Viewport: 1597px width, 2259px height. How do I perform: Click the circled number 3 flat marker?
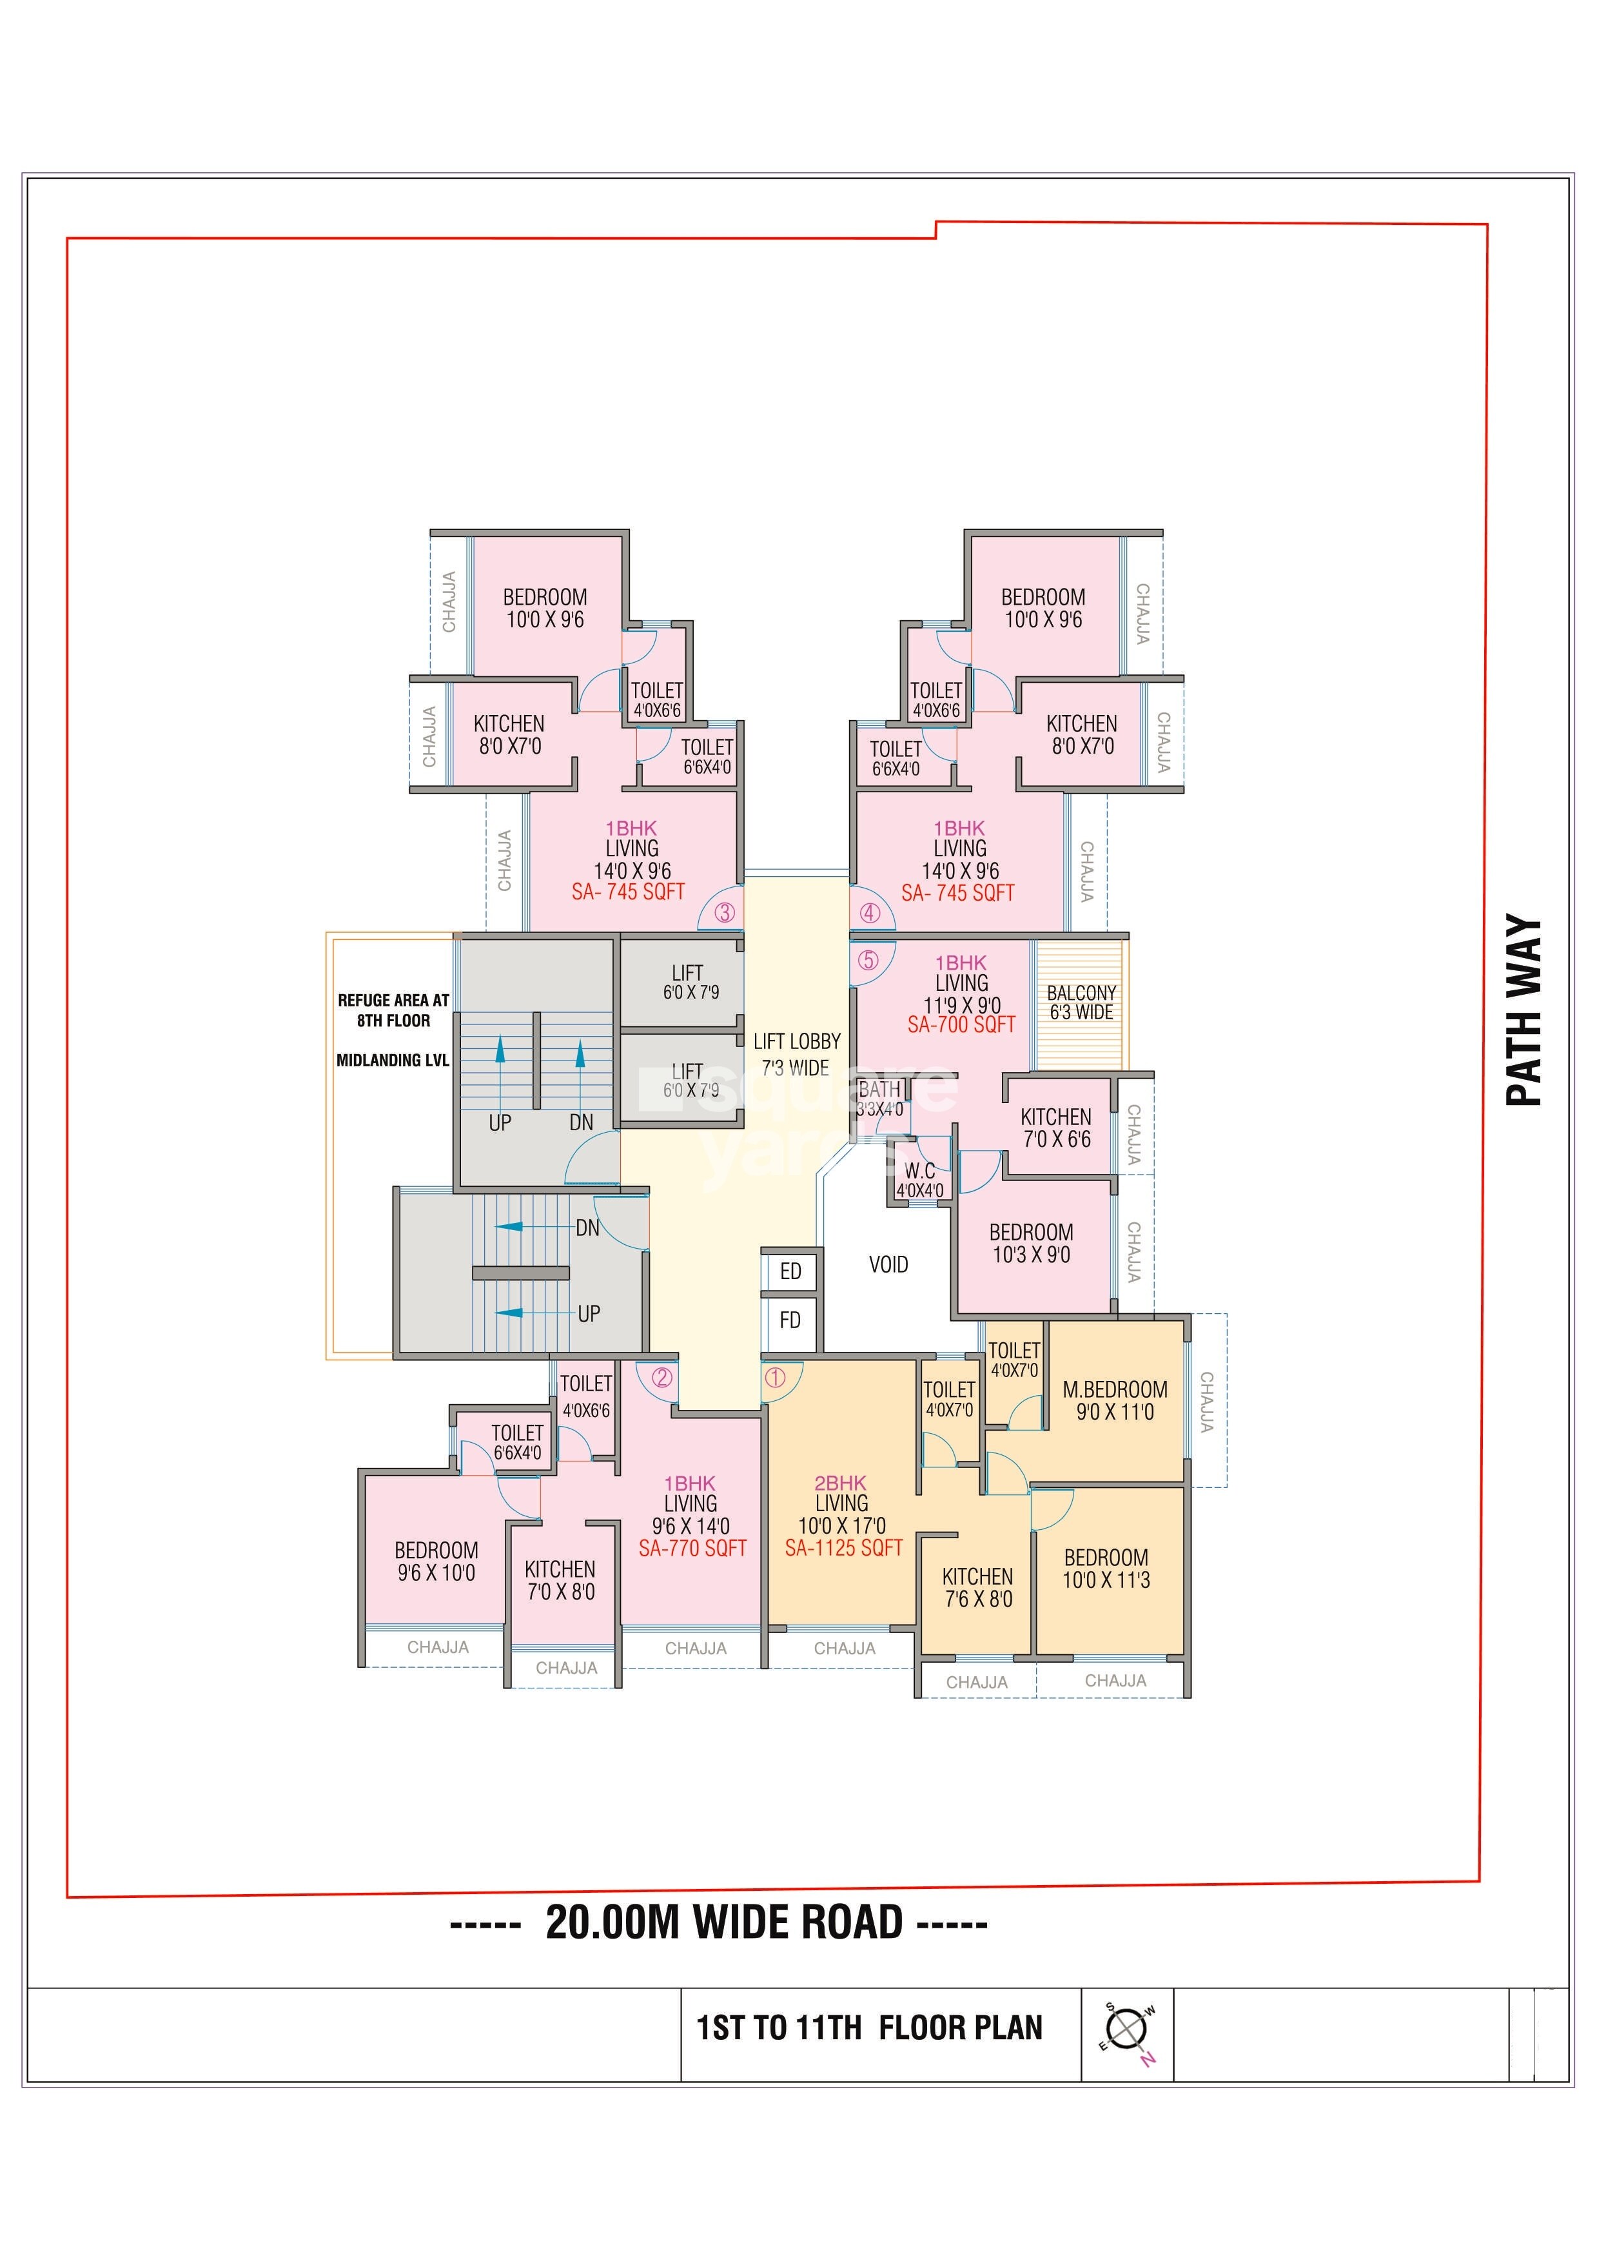click(724, 912)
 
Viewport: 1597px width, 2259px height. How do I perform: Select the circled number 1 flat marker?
click(776, 1378)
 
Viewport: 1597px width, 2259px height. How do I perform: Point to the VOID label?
click(888, 1264)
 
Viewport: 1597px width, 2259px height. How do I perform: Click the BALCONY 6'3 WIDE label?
click(1081, 1002)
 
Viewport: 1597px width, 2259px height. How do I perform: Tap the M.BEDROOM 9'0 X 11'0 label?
click(1115, 1401)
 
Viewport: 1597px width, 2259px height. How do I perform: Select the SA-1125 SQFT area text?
click(843, 1548)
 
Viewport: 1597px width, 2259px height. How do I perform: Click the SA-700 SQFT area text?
click(961, 1024)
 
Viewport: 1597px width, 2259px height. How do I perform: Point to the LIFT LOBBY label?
click(797, 1041)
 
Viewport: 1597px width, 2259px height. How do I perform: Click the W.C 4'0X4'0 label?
click(920, 1180)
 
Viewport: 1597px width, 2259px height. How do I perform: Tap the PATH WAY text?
click(1524, 1010)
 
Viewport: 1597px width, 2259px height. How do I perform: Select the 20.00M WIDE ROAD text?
click(724, 1922)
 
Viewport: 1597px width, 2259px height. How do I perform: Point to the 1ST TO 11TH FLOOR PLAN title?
click(870, 2028)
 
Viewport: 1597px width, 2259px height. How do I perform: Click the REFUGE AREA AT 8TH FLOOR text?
click(393, 1010)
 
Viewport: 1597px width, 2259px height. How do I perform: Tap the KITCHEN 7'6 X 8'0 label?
click(977, 1588)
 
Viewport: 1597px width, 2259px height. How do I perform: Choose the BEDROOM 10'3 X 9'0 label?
click(1031, 1244)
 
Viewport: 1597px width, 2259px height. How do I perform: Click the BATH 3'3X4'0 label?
click(879, 1099)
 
